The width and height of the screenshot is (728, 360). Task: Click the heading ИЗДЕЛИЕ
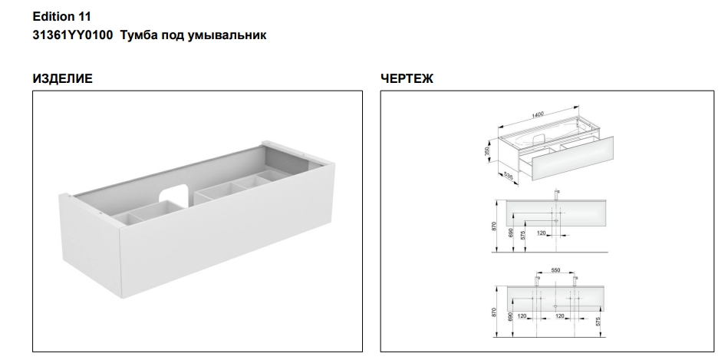point(63,78)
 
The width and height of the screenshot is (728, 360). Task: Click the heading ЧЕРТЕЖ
point(407,78)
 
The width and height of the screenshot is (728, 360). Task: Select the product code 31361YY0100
point(72,35)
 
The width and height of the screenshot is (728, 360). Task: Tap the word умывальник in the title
point(227,35)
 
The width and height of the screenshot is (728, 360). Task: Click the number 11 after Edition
point(84,17)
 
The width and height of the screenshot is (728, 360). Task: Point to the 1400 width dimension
point(538,114)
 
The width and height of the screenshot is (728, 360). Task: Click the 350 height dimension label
point(487,151)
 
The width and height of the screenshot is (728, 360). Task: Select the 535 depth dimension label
point(509,176)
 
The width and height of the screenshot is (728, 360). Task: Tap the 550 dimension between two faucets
point(555,270)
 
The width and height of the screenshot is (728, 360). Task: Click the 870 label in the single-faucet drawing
point(494,226)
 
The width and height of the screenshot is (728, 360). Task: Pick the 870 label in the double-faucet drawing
point(494,312)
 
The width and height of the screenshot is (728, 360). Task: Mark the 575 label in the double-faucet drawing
point(598,321)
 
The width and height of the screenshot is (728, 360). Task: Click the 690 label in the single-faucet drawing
point(511,233)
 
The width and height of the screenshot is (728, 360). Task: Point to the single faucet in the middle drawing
point(556,194)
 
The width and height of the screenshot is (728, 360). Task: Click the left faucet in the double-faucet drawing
point(537,281)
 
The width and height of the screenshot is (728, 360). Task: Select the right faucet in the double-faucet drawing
point(575,281)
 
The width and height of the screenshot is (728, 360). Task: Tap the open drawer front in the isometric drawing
point(572,158)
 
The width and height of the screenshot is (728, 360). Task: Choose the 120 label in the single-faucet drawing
point(541,233)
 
